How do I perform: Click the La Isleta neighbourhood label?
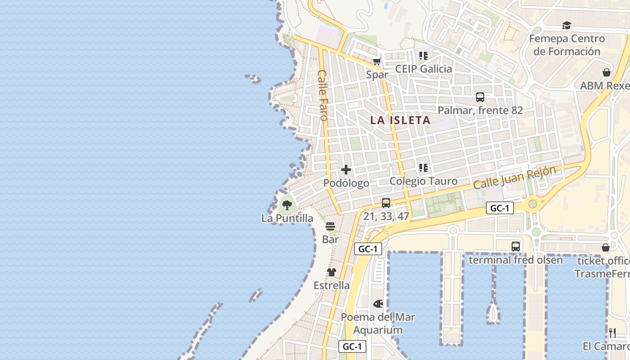400,120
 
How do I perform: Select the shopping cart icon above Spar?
377,61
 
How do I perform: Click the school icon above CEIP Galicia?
423,55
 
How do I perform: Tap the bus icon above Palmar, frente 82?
480,97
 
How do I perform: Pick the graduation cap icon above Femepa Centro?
567,25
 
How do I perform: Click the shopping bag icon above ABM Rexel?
606,72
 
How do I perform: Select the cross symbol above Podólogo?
346,170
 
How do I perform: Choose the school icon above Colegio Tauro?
423,168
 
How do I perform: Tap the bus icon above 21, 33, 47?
386,203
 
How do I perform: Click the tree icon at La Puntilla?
287,205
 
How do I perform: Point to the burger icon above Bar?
330,226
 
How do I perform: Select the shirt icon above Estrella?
332,272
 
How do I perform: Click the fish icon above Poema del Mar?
378,304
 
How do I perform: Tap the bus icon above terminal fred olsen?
516,247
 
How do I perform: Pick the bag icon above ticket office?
606,247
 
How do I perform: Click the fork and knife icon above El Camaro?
612,333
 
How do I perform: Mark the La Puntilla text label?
287,218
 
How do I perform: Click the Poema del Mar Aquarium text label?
378,323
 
